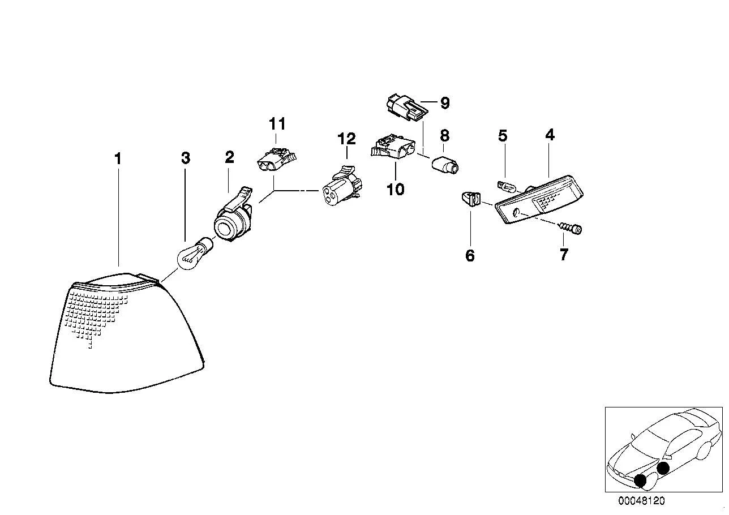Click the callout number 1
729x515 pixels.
pyautogui.click(x=118, y=159)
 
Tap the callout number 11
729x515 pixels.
pyautogui.click(x=277, y=123)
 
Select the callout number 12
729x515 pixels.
pyautogui.click(x=346, y=139)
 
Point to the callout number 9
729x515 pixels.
pyautogui.click(x=445, y=103)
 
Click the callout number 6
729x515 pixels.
pyautogui.click(x=470, y=255)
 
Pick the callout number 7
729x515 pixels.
pyautogui.click(x=564, y=255)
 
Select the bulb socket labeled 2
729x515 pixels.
pyautogui.click(x=233, y=216)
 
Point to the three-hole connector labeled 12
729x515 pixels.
pyautogui.click(x=343, y=186)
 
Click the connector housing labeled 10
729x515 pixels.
pyautogui.click(x=393, y=149)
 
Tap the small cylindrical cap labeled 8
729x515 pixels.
pyautogui.click(x=445, y=166)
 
